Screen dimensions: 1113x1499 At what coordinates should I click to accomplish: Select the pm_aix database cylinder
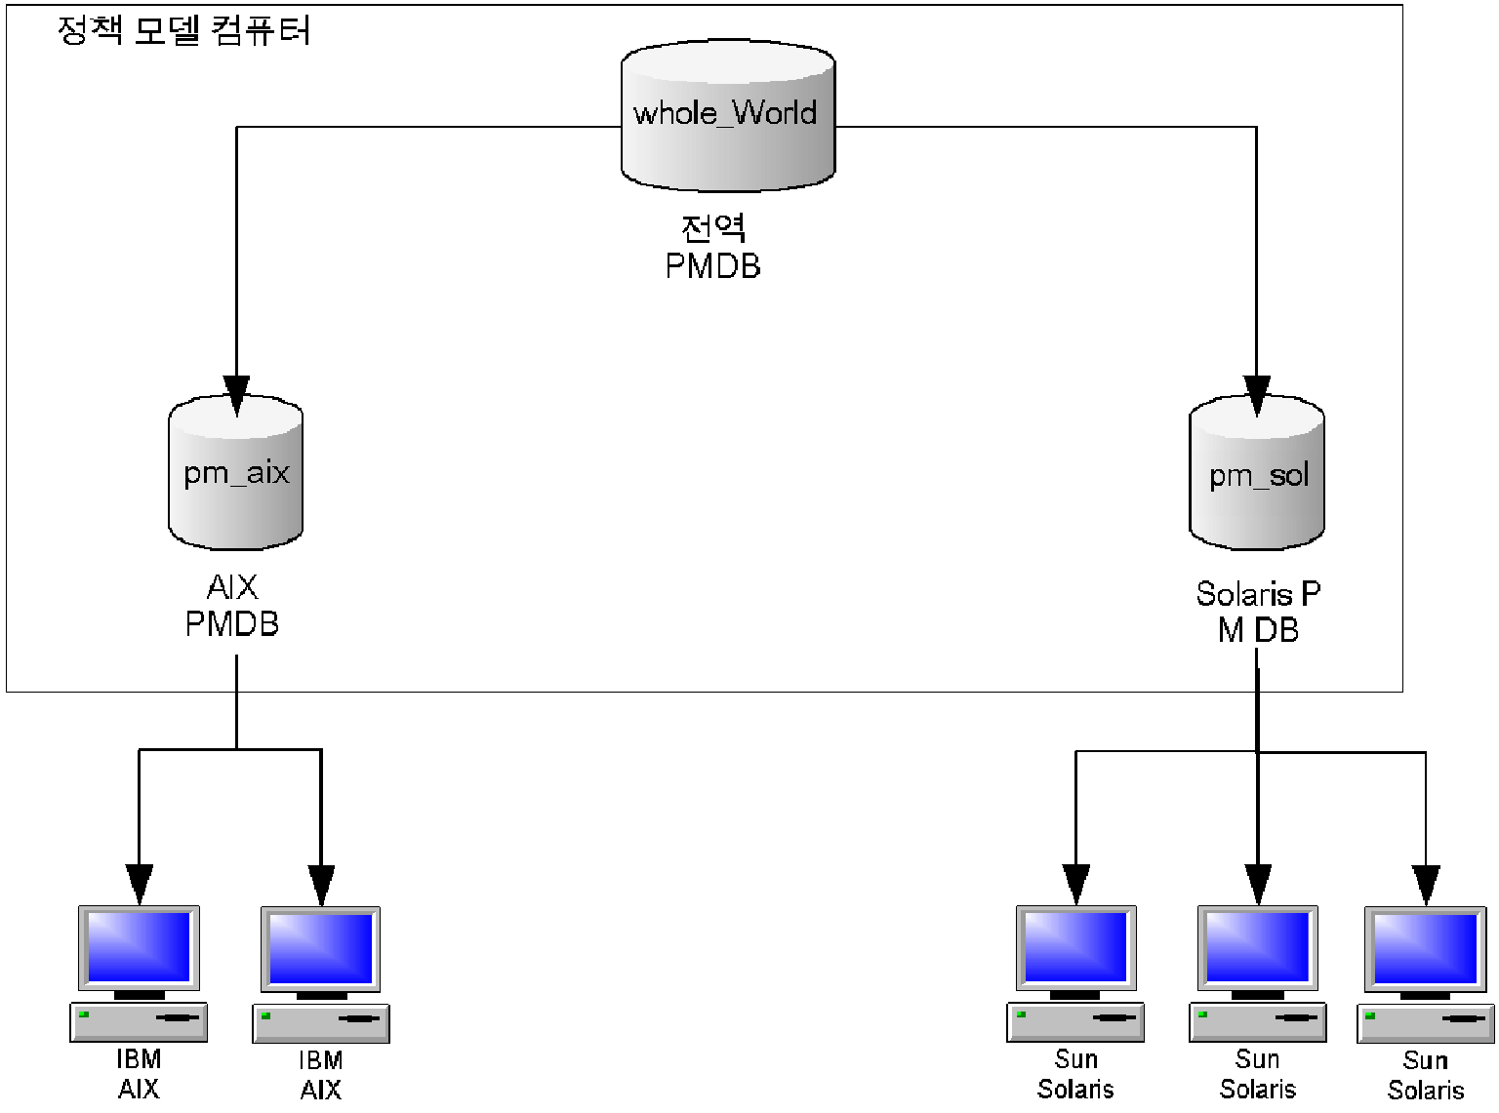coord(236,473)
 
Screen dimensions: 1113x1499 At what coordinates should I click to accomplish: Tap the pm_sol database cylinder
coord(1257,474)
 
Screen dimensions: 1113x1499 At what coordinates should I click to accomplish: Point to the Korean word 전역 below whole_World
coord(713,228)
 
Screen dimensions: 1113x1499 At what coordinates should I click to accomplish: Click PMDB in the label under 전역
coord(713,266)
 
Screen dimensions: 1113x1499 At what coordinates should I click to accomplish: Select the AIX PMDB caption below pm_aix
coord(232,606)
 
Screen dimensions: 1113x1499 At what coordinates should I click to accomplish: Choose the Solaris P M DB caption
coord(1258,613)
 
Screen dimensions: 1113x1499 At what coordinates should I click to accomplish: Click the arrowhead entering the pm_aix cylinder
coord(236,395)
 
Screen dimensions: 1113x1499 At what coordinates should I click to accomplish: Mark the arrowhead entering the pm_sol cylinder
coord(1257,395)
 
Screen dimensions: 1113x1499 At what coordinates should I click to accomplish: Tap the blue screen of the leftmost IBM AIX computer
coord(139,947)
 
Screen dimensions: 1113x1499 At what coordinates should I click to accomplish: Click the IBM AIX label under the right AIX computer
coord(321,1074)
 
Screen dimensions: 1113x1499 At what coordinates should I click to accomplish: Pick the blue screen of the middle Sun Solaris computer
coord(1258,947)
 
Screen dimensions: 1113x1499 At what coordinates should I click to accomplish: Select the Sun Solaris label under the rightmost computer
coord(1426,1075)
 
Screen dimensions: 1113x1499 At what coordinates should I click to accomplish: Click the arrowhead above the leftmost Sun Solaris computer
coord(1075,884)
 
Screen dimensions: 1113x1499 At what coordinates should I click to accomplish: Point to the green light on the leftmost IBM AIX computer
coord(84,1014)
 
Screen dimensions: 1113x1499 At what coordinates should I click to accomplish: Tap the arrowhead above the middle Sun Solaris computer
coord(1258,884)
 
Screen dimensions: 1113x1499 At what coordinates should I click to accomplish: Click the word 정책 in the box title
coord(90,30)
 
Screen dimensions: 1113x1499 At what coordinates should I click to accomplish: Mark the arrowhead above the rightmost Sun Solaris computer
coord(1426,884)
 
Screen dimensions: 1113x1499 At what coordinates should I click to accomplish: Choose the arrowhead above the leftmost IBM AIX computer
coord(140,884)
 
